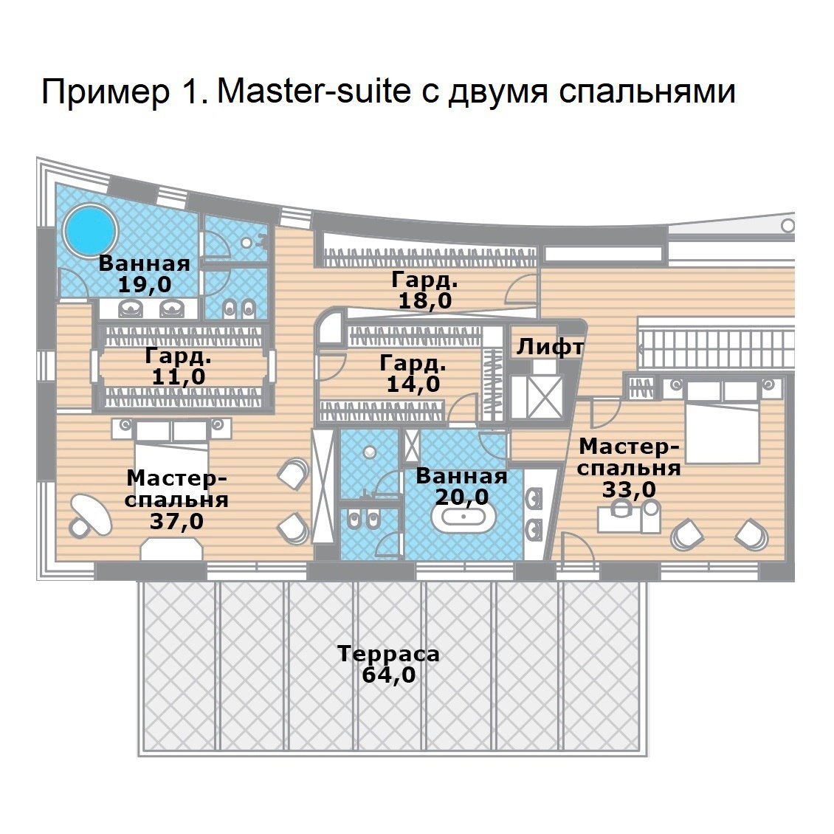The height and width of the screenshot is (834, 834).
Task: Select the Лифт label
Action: pos(550,347)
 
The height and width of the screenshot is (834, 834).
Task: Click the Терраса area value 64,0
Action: pos(388,675)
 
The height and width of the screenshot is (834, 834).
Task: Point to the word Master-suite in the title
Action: pos(314,92)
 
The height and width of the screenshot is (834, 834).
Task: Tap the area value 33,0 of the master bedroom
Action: pos(629,489)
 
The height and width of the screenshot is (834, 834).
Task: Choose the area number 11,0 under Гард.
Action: pos(178,376)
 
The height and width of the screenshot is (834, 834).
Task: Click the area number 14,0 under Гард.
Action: pos(413,384)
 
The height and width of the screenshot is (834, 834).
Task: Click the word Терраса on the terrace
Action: pos(388,654)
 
